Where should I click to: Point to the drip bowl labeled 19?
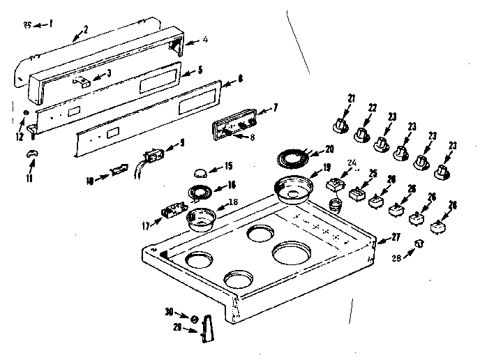(292, 189)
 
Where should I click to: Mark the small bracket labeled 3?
(83, 82)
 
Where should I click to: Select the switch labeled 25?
(359, 192)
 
